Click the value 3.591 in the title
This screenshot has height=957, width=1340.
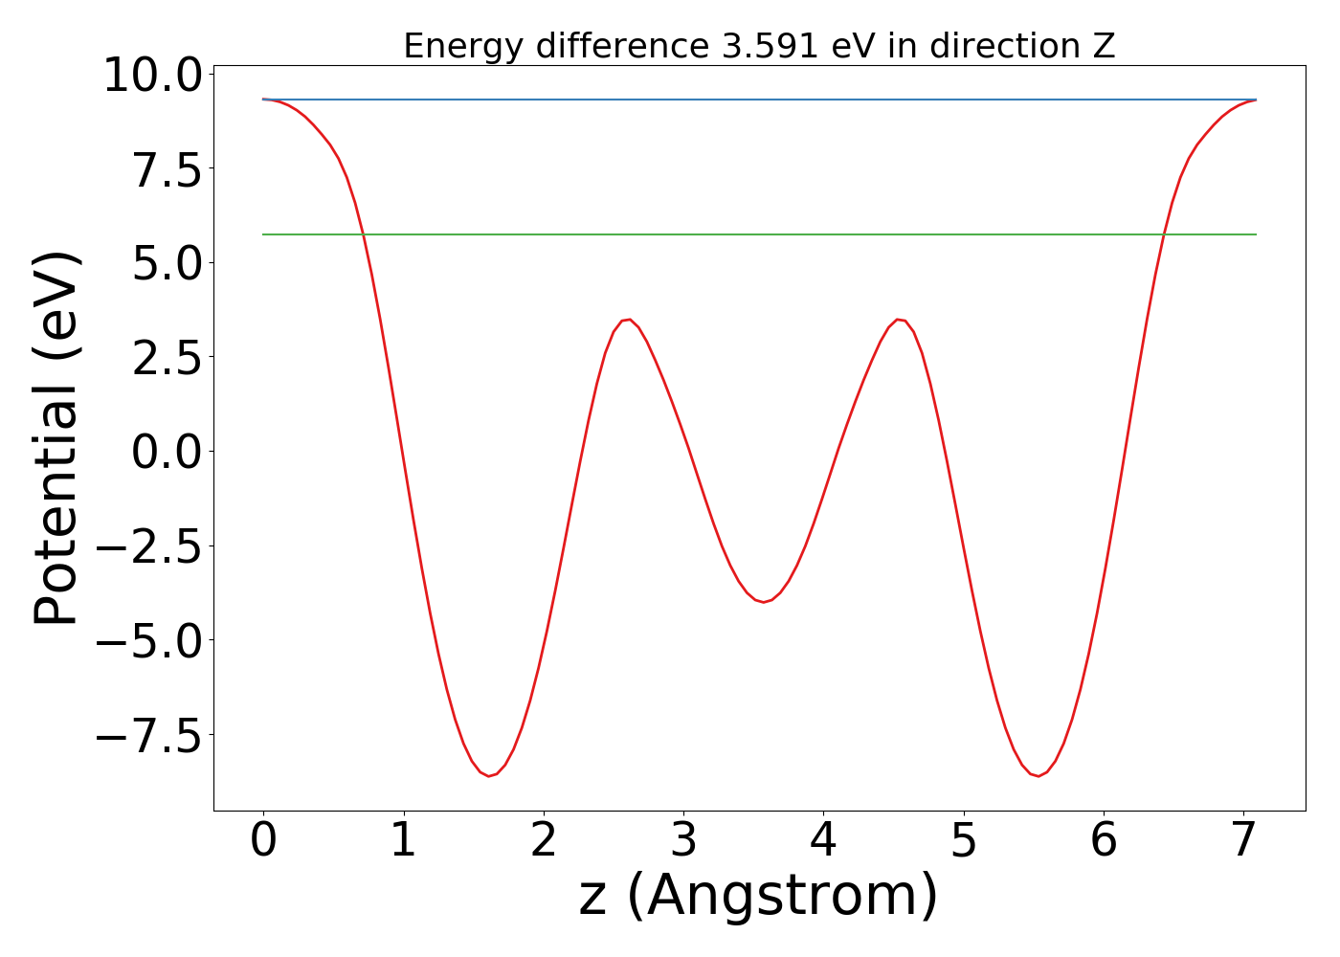(x=770, y=46)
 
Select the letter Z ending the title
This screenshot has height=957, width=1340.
(x=1104, y=46)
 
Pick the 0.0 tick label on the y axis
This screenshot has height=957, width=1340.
(x=167, y=452)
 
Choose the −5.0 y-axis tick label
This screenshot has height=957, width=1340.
(x=151, y=640)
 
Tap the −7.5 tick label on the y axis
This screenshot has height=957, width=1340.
(x=151, y=735)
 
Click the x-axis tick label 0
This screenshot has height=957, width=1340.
(x=263, y=841)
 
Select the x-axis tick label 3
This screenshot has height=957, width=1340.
(x=683, y=841)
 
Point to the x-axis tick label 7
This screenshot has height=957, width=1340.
(x=1243, y=841)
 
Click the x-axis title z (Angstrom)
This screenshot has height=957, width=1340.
(x=758, y=896)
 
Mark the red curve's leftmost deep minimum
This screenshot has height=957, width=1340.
(x=489, y=775)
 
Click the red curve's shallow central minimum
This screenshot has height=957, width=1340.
(x=763, y=602)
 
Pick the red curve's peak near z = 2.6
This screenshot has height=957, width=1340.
(x=627, y=320)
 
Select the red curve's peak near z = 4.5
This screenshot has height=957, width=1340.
(x=899, y=320)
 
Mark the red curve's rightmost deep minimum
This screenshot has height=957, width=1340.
(x=1038, y=775)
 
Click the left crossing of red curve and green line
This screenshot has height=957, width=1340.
(x=363, y=234)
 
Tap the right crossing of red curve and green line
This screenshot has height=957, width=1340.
(x=1164, y=234)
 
